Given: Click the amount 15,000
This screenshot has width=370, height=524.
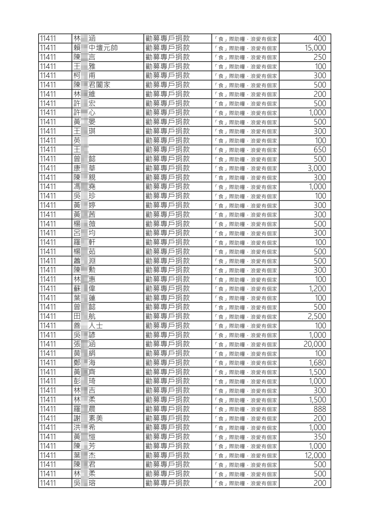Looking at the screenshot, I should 315,48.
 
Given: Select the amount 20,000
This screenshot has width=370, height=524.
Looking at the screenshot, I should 315,344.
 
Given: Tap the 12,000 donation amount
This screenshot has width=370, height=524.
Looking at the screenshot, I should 315,455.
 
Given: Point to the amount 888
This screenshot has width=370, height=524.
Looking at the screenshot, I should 320,409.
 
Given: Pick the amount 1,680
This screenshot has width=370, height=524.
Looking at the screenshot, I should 317,363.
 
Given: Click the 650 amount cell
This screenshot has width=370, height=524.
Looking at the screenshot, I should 320,150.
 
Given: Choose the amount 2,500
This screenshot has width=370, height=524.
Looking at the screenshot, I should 317,316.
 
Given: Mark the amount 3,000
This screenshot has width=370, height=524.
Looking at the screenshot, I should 317,168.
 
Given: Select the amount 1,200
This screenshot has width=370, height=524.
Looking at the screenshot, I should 317,288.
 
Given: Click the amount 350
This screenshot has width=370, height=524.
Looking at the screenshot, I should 320,437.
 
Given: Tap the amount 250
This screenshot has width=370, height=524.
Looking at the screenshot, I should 320,57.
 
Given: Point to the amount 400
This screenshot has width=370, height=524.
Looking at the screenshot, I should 320,39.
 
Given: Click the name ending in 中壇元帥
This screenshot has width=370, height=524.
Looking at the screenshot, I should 96,48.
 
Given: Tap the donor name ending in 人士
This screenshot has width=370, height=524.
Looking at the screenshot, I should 88,326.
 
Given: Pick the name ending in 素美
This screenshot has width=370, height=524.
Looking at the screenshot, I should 88,418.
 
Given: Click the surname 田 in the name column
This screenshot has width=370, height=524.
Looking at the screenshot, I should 77,316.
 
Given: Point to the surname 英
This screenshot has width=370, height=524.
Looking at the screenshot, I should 77,140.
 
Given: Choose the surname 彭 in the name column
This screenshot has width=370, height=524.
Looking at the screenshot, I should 77,381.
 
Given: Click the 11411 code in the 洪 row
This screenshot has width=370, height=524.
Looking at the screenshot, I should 48,428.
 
